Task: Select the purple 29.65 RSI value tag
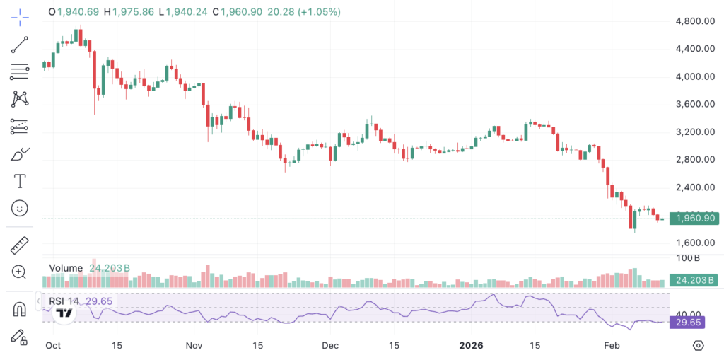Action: point(687,322)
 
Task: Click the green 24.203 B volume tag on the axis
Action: point(692,279)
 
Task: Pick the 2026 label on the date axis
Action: point(471,345)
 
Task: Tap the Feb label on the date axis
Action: point(612,345)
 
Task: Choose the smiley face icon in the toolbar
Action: point(19,209)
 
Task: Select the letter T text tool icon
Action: point(20,181)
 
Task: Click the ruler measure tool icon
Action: point(19,245)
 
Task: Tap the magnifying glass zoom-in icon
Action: point(19,272)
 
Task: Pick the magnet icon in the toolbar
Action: point(19,309)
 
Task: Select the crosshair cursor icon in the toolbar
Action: point(20,18)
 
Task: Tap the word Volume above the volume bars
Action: point(66,268)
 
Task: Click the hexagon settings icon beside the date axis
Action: point(699,345)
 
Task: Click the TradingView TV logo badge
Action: point(64,314)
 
